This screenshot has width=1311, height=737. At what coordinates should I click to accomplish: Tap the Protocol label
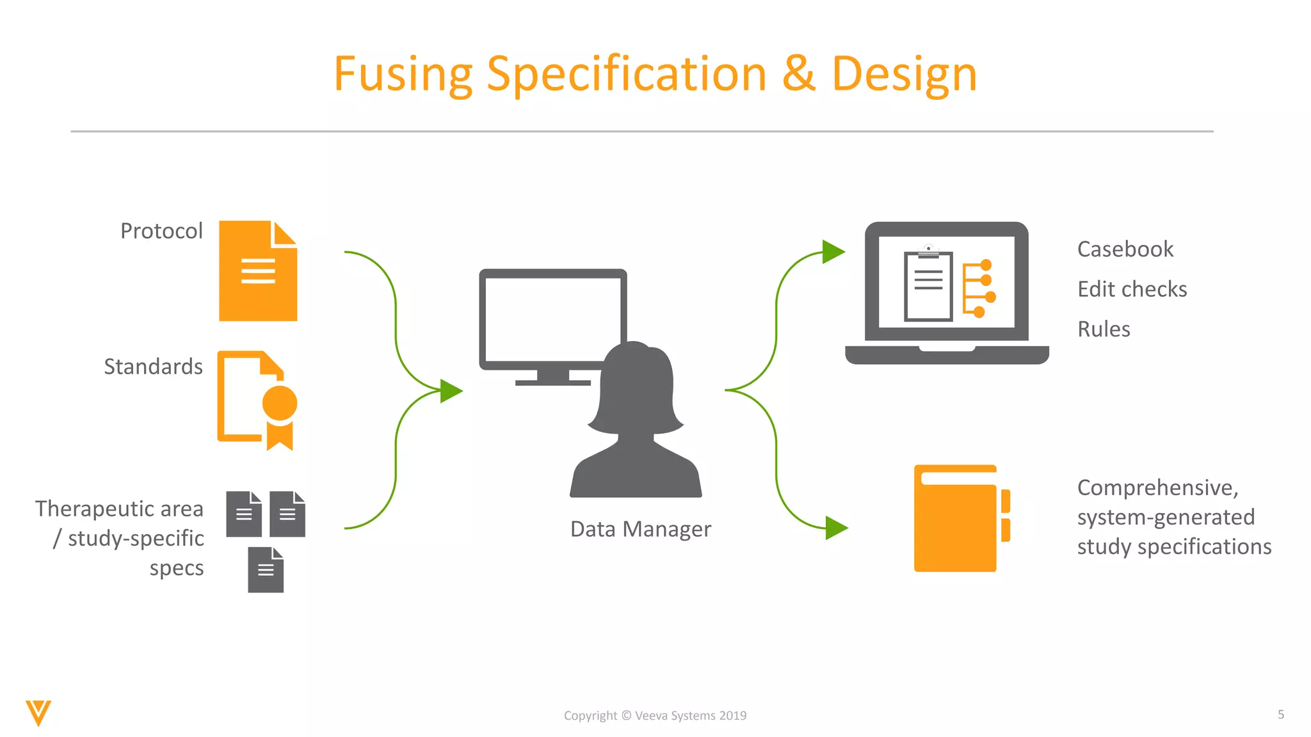click(x=161, y=231)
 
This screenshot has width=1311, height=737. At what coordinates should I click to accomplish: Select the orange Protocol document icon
click(x=257, y=271)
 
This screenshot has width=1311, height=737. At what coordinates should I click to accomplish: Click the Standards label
click(x=153, y=367)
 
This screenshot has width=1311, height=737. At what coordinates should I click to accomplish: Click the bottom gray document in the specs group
click(x=266, y=570)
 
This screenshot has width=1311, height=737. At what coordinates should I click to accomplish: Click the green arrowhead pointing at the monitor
click(x=451, y=391)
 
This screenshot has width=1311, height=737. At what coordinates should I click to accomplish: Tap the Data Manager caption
click(x=640, y=529)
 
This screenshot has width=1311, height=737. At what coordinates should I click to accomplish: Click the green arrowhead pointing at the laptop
click(x=832, y=251)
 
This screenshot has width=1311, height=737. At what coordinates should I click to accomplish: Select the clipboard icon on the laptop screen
click(x=928, y=285)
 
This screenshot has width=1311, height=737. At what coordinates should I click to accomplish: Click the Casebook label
click(x=1125, y=249)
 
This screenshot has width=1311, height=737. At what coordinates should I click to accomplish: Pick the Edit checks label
click(x=1132, y=289)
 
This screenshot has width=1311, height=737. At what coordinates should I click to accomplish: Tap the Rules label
click(x=1104, y=329)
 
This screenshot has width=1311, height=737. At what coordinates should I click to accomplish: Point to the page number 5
click(x=1281, y=715)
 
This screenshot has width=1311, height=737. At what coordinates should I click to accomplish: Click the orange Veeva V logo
click(x=38, y=713)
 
